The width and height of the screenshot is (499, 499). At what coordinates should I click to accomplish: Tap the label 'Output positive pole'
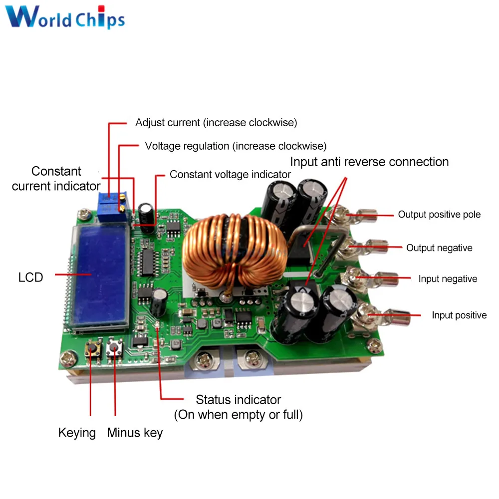[439, 215]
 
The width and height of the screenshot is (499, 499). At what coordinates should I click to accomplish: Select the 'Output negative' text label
[439, 248]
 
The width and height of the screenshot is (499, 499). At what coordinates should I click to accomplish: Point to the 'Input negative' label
[448, 279]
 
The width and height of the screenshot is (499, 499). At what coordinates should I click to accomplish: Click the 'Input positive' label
[459, 315]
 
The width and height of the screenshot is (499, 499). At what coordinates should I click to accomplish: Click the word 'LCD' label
[31, 277]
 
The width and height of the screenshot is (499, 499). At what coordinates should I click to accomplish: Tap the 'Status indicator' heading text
[238, 400]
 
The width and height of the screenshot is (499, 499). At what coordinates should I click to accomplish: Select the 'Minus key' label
[135, 433]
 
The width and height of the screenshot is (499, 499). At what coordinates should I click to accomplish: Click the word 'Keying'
[77, 433]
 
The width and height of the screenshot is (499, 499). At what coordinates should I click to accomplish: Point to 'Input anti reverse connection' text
[369, 162]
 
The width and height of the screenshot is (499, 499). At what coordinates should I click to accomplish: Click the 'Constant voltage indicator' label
[230, 175]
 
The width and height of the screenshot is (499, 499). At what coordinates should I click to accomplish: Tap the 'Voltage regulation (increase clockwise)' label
[236, 146]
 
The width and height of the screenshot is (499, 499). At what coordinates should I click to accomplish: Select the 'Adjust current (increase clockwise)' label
[216, 122]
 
